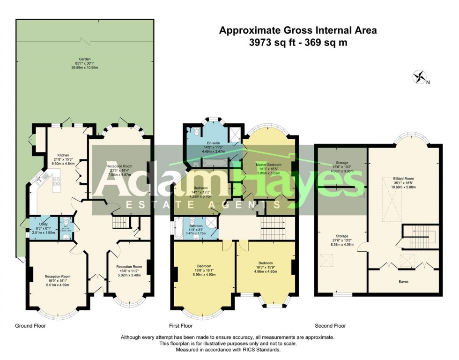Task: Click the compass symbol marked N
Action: click(x=420, y=77)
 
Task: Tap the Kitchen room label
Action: click(x=63, y=155)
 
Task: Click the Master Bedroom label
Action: click(x=268, y=165)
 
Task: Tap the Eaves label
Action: click(x=403, y=282)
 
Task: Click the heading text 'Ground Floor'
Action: click(x=31, y=325)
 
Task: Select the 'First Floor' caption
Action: click(x=181, y=325)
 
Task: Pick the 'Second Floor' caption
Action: click(x=330, y=325)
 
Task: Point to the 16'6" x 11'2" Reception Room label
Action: click(x=129, y=266)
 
